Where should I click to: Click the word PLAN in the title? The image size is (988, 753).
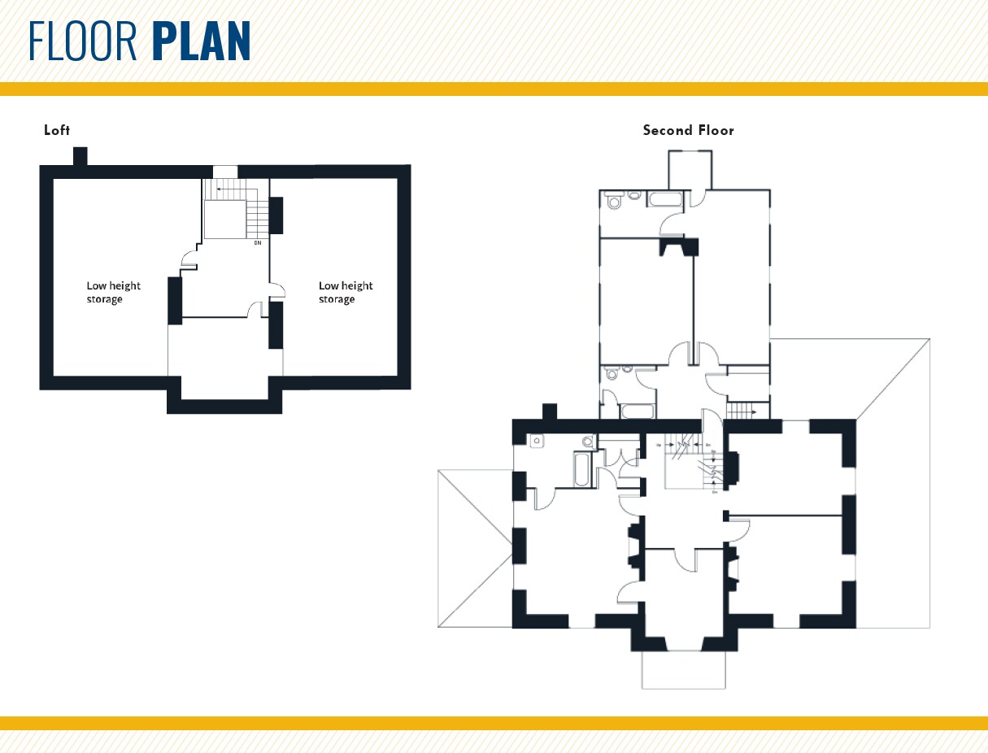pyautogui.click(x=201, y=41)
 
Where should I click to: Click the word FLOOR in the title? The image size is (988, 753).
pyautogui.click(x=84, y=41)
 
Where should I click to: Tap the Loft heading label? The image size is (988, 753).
pyautogui.click(x=57, y=130)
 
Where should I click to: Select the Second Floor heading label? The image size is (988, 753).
pyautogui.click(x=688, y=130)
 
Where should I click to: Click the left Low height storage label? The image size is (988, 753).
pyautogui.click(x=113, y=293)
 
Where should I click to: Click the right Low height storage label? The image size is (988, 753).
pyautogui.click(x=346, y=293)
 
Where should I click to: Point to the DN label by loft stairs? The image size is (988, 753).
pyautogui.click(x=257, y=243)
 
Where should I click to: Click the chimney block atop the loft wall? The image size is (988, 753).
pyautogui.click(x=80, y=155)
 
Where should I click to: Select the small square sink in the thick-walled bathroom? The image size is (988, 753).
pyautogui.click(x=536, y=442)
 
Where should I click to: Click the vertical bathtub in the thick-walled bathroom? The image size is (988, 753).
pyautogui.click(x=582, y=470)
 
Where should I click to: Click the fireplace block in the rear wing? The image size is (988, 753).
pyautogui.click(x=678, y=245)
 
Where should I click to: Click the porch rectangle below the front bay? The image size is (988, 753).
pyautogui.click(x=683, y=669)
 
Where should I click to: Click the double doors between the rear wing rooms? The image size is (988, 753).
pyautogui.click(x=694, y=353)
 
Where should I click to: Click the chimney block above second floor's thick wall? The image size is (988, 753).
pyautogui.click(x=549, y=412)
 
